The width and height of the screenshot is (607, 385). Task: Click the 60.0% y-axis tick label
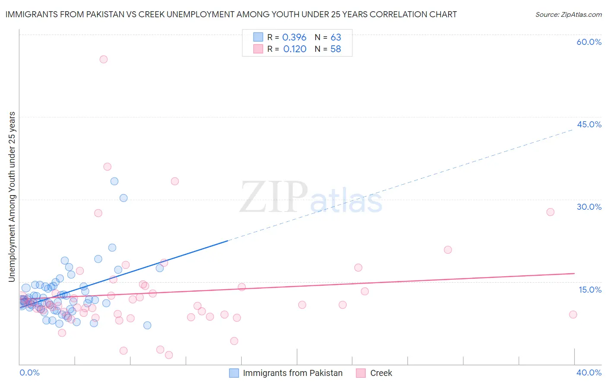(x=589, y=42)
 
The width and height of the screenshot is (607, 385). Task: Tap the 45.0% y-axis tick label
(x=589, y=124)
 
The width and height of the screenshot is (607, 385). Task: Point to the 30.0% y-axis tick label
(x=589, y=207)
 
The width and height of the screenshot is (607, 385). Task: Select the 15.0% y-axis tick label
(x=590, y=290)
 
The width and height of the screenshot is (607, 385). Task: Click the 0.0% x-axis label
(x=29, y=372)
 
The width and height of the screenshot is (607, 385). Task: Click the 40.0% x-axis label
(x=589, y=372)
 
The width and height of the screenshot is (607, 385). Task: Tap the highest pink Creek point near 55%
(x=104, y=59)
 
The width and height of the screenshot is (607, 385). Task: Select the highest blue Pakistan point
(x=114, y=181)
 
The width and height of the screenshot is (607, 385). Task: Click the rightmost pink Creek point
(x=573, y=314)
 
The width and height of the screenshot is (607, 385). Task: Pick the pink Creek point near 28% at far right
(x=550, y=212)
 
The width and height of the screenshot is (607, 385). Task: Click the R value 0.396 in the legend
(x=294, y=38)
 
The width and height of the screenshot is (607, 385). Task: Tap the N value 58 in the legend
(x=335, y=49)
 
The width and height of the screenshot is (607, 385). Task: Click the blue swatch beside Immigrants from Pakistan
(x=234, y=373)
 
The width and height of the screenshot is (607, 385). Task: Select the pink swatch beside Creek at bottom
(x=361, y=373)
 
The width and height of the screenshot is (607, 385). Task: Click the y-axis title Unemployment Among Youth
(x=12, y=197)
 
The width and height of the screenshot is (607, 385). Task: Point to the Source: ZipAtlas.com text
(x=568, y=15)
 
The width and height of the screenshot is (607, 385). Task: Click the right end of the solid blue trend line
(x=227, y=241)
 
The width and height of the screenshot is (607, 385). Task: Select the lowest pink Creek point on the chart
(x=169, y=355)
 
